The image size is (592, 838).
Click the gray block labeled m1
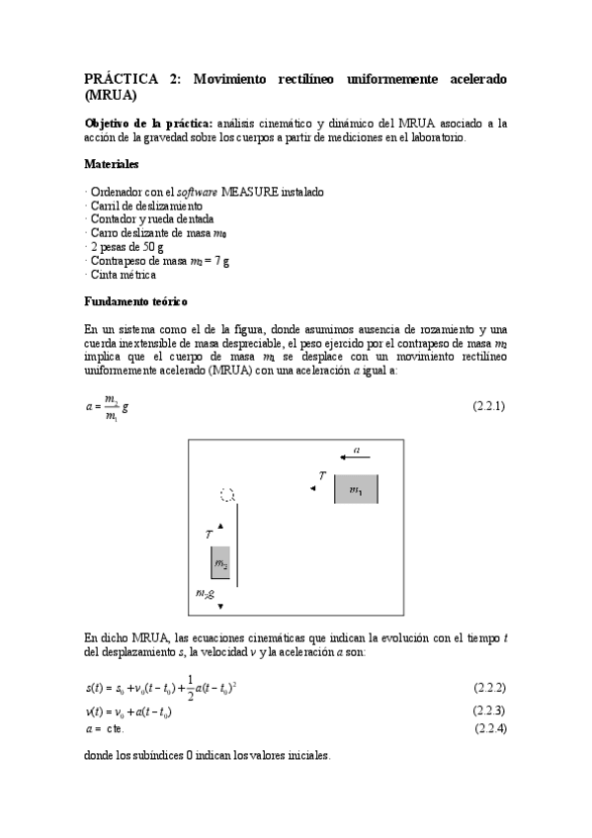[355, 489]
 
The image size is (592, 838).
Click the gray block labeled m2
[220, 563]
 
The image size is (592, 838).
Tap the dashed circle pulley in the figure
[227, 494]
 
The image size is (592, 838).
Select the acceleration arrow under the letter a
[355, 458]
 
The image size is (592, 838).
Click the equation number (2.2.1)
[489, 406]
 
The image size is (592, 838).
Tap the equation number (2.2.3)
[489, 711]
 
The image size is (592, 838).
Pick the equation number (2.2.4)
[489, 728]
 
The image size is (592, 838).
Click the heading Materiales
[112, 164]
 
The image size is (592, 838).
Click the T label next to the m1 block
[322, 476]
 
